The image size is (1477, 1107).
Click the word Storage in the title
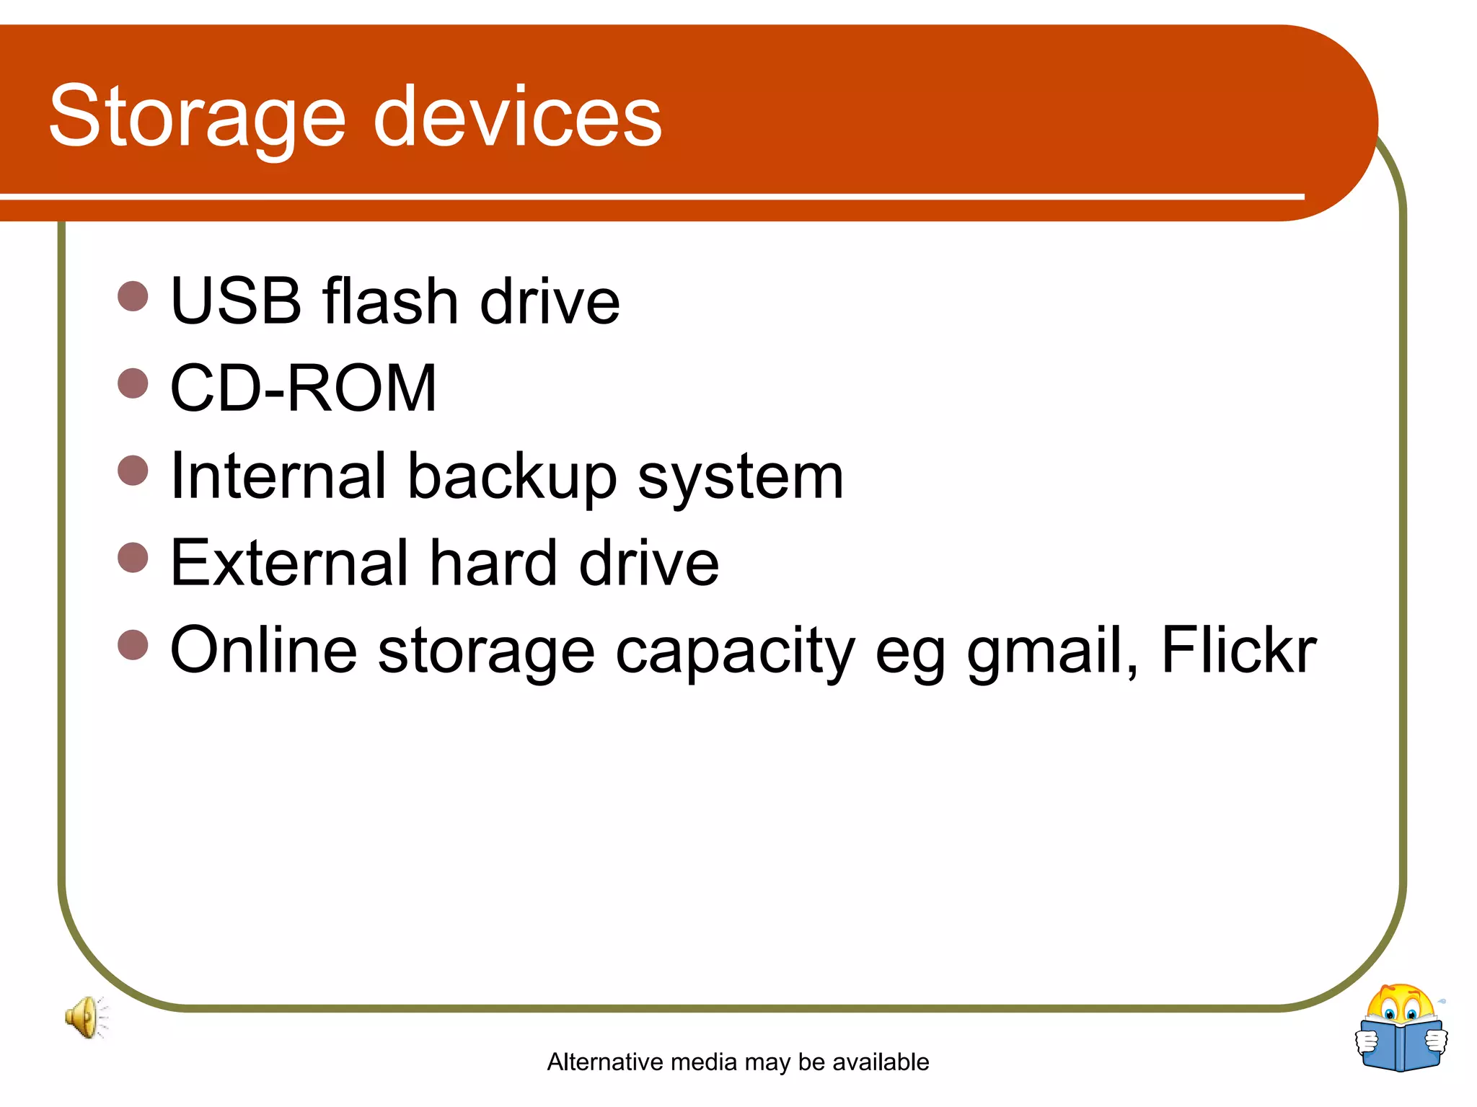[x=197, y=117]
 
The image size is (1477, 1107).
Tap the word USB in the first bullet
[x=235, y=301]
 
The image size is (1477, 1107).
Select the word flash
[x=390, y=301]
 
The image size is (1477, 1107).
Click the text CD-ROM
[x=303, y=388]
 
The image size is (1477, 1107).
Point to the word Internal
[x=278, y=476]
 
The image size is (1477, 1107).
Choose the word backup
[x=512, y=476]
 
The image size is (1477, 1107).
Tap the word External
[x=289, y=563]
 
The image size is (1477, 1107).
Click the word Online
[x=263, y=650]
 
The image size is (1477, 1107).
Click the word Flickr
[x=1238, y=650]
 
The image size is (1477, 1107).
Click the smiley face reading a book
[x=1401, y=1028]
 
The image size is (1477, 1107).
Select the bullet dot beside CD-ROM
[x=133, y=383]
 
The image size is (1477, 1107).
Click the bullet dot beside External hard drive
[x=133, y=557]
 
